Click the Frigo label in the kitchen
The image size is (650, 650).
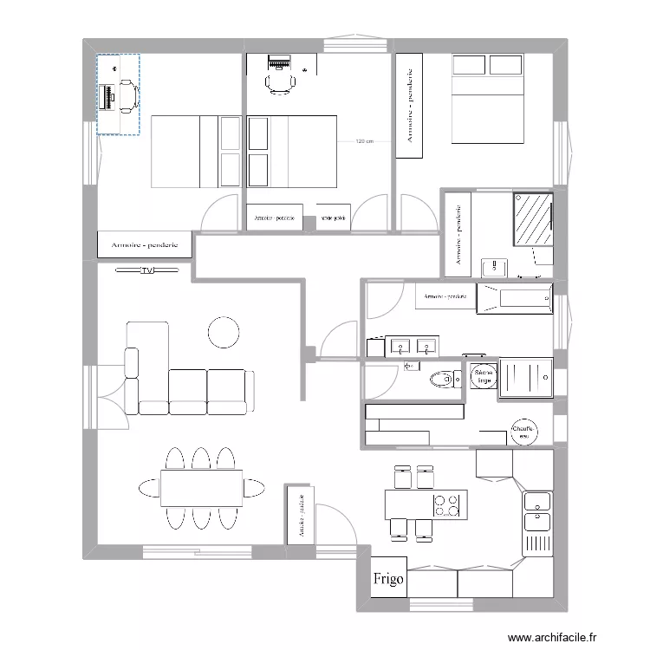(x=387, y=580)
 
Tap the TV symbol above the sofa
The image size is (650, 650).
(x=146, y=270)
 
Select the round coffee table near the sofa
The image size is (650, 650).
(x=224, y=332)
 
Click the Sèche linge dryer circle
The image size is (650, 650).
(x=484, y=378)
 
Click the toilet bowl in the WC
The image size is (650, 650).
(x=446, y=379)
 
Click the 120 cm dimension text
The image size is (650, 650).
(x=364, y=142)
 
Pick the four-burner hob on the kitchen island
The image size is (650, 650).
(x=445, y=504)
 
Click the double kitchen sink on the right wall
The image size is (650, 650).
(x=536, y=511)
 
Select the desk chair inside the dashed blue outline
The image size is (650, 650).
(x=127, y=95)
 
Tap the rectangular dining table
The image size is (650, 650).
(x=201, y=489)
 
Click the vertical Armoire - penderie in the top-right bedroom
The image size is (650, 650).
(x=408, y=106)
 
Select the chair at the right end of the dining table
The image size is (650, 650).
(x=256, y=488)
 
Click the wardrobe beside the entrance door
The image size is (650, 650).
(x=300, y=514)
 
